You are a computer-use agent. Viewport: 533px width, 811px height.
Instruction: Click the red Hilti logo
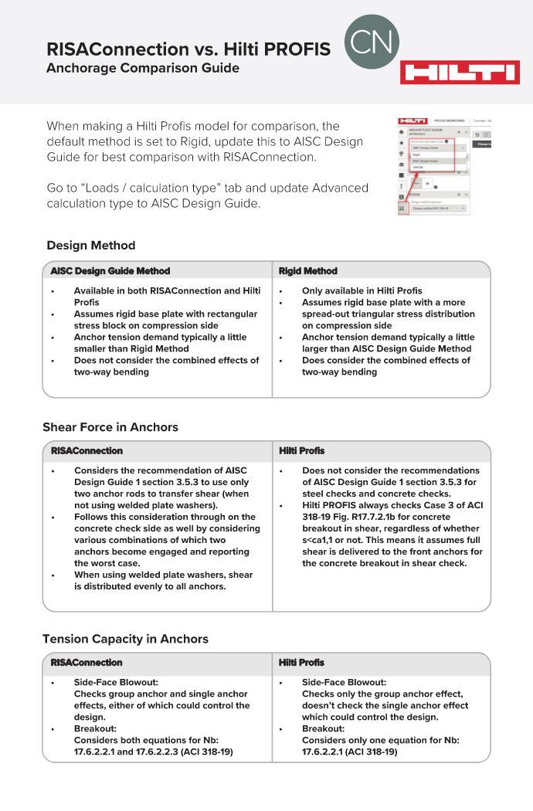pos(460,73)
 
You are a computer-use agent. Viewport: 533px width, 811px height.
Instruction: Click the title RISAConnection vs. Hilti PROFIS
pos(188,49)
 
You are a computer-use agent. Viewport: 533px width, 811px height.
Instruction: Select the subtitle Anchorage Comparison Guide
pos(142,68)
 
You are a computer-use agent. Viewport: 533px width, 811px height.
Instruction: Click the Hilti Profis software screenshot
pos(434,165)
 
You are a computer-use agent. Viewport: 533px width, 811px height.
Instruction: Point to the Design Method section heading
pos(90,246)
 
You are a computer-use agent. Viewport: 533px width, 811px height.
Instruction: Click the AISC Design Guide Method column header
pos(110,271)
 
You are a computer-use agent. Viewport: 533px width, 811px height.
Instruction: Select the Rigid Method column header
pos(308,271)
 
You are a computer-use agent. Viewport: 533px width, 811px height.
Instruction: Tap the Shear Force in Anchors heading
pos(110,427)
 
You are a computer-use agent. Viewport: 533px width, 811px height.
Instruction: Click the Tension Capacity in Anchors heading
pos(125,639)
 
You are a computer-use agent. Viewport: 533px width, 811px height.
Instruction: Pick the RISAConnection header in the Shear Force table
pos(87,451)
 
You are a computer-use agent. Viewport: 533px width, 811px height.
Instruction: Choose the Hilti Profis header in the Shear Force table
pos(302,451)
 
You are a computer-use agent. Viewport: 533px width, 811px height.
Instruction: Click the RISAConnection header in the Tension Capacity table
pos(87,663)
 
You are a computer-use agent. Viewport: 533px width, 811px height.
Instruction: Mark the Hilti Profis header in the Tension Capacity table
pos(302,663)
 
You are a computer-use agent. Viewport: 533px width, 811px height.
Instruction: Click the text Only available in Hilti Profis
pos(362,291)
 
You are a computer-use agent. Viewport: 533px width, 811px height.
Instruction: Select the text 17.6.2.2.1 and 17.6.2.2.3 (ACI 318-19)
pos(153,752)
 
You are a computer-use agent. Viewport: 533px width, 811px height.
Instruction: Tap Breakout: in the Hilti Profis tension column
pos(323,728)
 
